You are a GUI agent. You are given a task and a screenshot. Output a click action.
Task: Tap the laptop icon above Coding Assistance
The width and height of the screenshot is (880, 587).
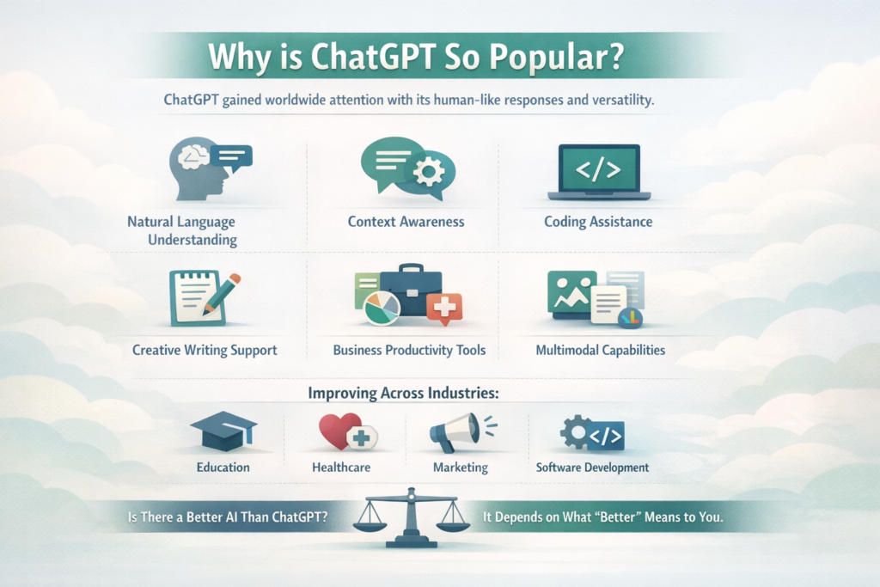click(x=598, y=172)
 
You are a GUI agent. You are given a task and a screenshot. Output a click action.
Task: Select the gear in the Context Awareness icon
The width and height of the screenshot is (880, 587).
click(x=427, y=171)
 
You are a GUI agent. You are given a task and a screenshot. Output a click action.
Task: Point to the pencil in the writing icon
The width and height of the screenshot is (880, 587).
click(x=221, y=291)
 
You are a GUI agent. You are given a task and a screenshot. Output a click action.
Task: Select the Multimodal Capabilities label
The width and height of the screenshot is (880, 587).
click(x=600, y=351)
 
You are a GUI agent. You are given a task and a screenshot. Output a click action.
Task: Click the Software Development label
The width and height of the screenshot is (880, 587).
click(x=592, y=468)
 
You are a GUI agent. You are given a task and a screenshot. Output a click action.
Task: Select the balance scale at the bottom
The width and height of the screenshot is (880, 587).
click(x=411, y=519)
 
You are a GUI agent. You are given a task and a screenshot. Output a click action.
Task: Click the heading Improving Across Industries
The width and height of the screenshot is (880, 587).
click(x=404, y=394)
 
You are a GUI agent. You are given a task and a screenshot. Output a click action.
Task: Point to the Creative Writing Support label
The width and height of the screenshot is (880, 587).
click(x=205, y=351)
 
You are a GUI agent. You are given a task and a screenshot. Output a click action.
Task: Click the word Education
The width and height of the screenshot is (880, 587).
click(x=223, y=468)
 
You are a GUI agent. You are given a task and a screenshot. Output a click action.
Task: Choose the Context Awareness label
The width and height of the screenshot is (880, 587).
click(x=406, y=222)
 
